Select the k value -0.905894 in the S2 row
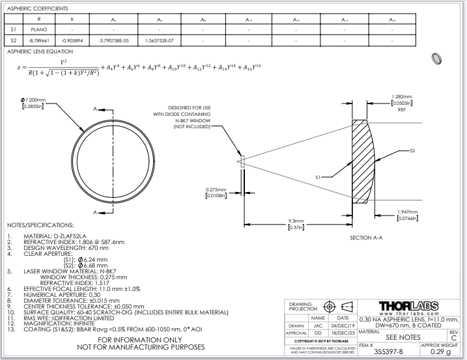click(x=72, y=40)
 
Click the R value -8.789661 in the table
click(x=39, y=40)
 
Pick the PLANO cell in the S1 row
click(x=39, y=29)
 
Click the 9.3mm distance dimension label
click(x=296, y=222)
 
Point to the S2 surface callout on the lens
click(x=412, y=150)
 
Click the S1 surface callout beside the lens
click(x=318, y=176)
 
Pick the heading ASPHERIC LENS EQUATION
click(x=40, y=51)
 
